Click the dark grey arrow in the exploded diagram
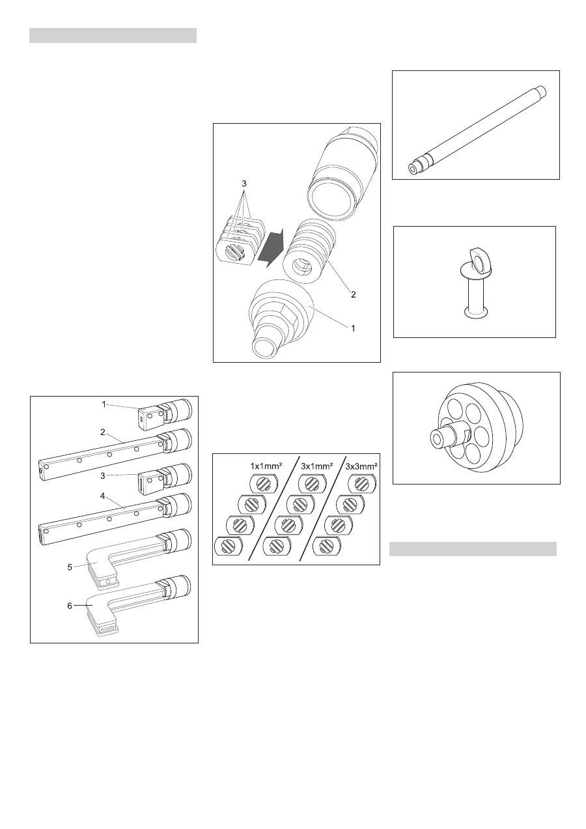point(270,247)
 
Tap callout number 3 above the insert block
point(244,183)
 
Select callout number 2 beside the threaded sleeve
point(354,294)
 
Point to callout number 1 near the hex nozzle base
point(354,328)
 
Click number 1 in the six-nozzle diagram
point(104,404)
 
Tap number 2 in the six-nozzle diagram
point(103,432)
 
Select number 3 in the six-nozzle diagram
point(103,475)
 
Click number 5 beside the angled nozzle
point(70,567)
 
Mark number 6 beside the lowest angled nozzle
point(70,606)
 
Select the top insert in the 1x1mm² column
point(264,484)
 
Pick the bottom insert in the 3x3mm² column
point(327,546)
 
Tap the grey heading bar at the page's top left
point(113,36)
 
